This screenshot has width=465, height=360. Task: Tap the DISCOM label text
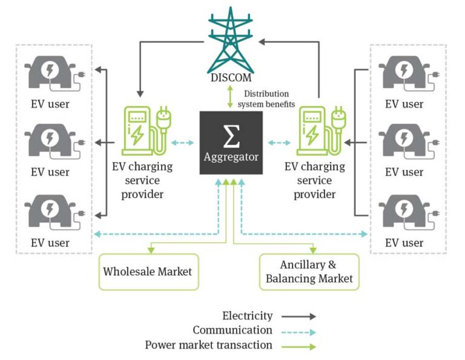tap(231, 78)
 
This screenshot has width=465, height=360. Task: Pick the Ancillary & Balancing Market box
tap(309, 271)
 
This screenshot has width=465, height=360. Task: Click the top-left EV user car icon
tap(50, 73)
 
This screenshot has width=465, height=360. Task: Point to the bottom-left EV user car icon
tap(50, 212)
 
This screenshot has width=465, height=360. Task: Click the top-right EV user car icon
tap(404, 73)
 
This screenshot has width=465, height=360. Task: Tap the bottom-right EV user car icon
tap(404, 212)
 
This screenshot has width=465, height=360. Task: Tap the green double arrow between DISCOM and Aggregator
tap(230, 98)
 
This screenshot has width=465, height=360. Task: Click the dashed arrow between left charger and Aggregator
tap(182, 143)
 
